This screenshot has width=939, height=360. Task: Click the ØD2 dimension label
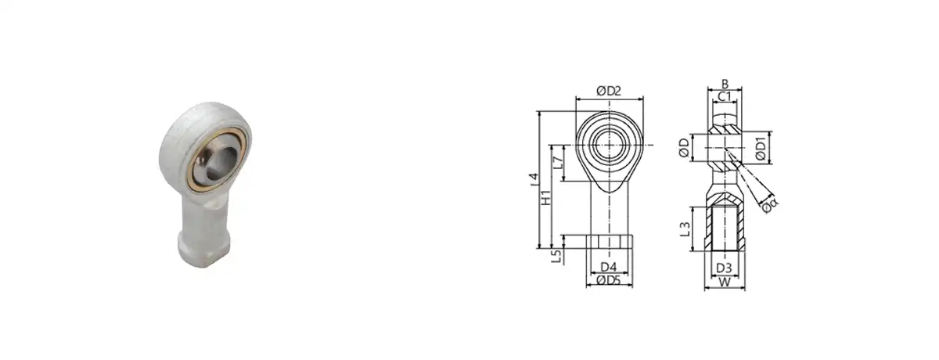pyautogui.click(x=609, y=91)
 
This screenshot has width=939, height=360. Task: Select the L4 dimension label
pyautogui.click(x=534, y=180)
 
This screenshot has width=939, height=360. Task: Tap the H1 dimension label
pyautogui.click(x=546, y=197)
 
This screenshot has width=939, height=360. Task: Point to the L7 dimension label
pyautogui.click(x=557, y=162)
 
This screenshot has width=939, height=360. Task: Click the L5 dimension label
pyautogui.click(x=556, y=256)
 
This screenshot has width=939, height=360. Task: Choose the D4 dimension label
pyautogui.click(x=608, y=267)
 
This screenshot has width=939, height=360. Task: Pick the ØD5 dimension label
pyautogui.click(x=608, y=280)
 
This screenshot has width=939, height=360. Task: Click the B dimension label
pyautogui.click(x=725, y=85)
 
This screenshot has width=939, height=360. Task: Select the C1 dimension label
pyautogui.click(x=725, y=97)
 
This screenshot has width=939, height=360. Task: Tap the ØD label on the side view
pyautogui.click(x=684, y=148)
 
